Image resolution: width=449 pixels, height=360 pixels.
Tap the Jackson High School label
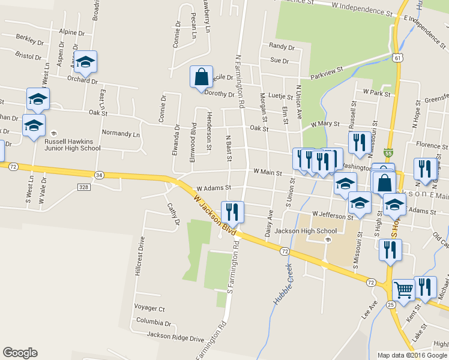tap(305, 231)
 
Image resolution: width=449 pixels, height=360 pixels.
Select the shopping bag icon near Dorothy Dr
tap(201, 77)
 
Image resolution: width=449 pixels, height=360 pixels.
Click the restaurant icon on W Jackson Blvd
tap(232, 212)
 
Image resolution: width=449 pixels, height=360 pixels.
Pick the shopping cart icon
tap(404, 290)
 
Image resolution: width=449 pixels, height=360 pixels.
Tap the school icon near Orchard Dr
tap(86, 62)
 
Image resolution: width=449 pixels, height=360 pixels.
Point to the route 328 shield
tap(83, 187)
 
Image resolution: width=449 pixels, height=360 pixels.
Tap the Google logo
tap(20, 353)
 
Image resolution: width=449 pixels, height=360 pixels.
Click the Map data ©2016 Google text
tap(412, 355)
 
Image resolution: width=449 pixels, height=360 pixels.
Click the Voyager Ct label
tap(150, 308)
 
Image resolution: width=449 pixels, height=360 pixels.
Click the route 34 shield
tap(99, 175)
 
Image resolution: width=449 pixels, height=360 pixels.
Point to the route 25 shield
tap(390, 305)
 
